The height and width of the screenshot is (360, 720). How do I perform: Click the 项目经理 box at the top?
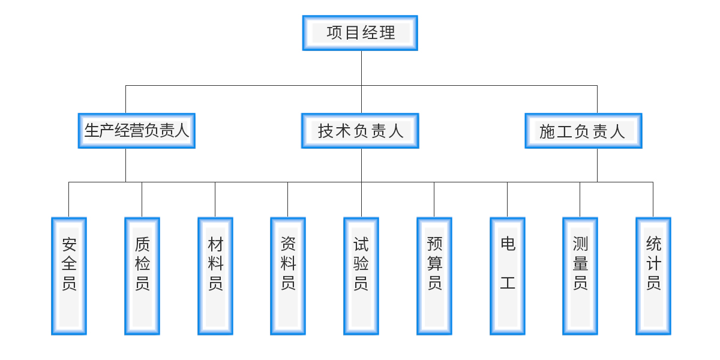coord(360,33)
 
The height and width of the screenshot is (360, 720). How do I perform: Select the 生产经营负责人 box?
coord(137,131)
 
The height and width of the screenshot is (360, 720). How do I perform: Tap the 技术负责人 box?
coord(360,131)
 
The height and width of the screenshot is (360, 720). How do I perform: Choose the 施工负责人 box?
coord(583,131)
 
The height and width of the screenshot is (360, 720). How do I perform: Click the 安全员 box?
coord(69,276)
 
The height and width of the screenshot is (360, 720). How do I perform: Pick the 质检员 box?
coord(142,276)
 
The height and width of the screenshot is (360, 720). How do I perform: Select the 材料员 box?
coord(215,276)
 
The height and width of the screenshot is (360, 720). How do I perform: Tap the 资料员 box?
coord(288,276)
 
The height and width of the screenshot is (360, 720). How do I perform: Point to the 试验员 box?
coord(361,276)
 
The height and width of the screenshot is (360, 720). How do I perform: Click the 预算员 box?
coord(434,276)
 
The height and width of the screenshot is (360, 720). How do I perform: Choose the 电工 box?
coord(508,276)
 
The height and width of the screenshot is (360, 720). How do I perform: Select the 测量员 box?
coord(580,276)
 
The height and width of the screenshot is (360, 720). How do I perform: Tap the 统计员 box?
coord(653,276)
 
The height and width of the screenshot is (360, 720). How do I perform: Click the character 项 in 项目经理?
coord(334,33)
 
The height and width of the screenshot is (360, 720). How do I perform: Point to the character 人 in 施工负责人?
coord(617,131)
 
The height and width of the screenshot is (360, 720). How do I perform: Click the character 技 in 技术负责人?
coord(326,131)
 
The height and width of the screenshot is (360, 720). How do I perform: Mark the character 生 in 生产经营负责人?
coord(92,131)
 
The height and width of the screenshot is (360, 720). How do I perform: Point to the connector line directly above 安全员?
coord(69,199)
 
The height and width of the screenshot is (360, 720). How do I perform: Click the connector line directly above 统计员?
coord(653,199)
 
